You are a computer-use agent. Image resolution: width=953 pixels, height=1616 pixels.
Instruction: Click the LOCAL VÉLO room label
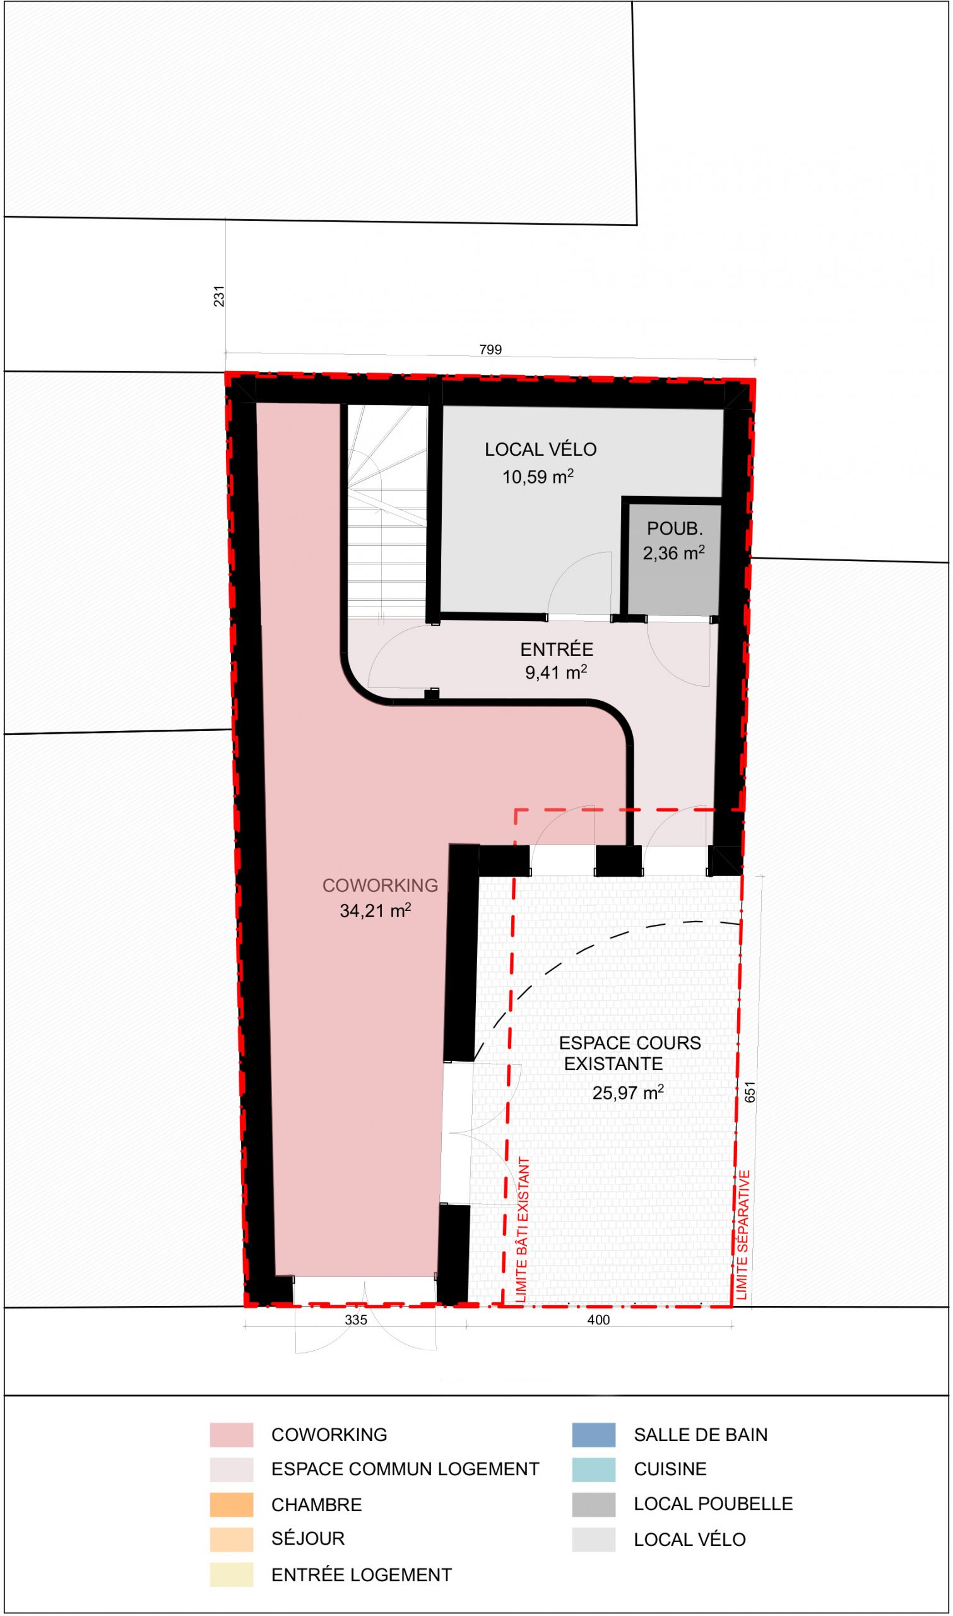tap(541, 449)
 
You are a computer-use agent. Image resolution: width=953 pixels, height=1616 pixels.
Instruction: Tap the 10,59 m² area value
tap(538, 476)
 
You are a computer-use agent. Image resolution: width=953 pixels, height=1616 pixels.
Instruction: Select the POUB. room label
tap(675, 528)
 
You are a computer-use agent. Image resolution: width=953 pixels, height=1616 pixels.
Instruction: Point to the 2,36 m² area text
tap(673, 552)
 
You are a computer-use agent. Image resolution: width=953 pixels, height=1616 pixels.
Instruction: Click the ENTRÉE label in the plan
tap(557, 650)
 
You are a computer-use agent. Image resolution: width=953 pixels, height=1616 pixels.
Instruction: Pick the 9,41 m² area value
tap(556, 672)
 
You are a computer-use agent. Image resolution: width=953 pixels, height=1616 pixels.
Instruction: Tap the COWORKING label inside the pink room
tap(380, 885)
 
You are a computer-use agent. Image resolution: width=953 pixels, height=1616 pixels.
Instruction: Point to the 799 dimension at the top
tap(490, 350)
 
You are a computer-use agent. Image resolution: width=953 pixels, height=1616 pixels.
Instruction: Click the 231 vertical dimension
tap(220, 296)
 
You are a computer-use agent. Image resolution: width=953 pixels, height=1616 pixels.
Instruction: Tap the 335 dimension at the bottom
tap(356, 1320)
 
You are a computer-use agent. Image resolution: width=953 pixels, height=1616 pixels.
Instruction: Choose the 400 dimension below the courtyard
tap(598, 1320)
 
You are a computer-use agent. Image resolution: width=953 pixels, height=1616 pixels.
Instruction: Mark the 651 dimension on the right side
tap(750, 1092)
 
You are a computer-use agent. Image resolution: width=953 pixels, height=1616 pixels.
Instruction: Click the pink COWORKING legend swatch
tap(231, 1434)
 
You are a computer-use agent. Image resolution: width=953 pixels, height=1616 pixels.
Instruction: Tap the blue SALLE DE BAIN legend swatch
tap(594, 1434)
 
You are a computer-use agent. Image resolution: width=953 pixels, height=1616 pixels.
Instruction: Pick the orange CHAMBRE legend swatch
tap(231, 1504)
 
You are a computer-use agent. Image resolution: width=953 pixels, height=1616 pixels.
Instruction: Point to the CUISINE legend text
tap(670, 1469)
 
